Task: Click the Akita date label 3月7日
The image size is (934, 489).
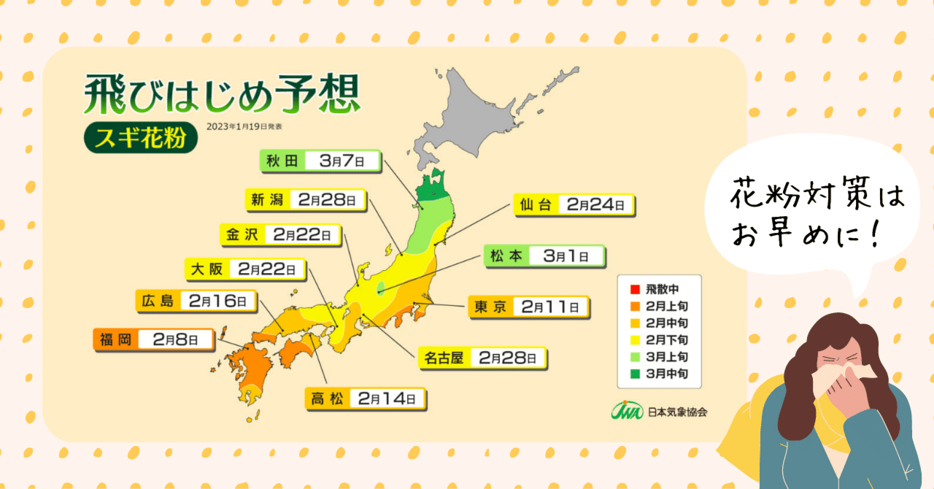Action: pyautogui.click(x=340, y=161)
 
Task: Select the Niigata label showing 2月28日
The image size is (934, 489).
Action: pyautogui.click(x=306, y=199)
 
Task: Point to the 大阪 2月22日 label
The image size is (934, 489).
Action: pyautogui.click(x=244, y=269)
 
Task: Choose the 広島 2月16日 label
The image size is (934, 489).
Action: pyautogui.click(x=195, y=300)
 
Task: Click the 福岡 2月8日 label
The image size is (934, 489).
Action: pyautogui.click(x=154, y=340)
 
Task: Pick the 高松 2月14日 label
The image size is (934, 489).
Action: pyautogui.click(x=364, y=398)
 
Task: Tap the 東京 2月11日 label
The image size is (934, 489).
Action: pyautogui.click(x=528, y=308)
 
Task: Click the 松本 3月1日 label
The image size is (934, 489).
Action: pyautogui.click(x=544, y=256)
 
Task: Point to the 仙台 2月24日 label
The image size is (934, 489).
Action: pyautogui.click(x=573, y=205)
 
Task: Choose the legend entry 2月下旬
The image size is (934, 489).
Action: pyautogui.click(x=658, y=340)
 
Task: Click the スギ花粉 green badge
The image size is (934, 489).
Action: pyautogui.click(x=141, y=137)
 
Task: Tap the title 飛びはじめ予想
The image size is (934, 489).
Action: pyautogui.click(x=222, y=93)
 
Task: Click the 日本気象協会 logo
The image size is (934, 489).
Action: pyautogui.click(x=659, y=411)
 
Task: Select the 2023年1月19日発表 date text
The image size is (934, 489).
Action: pyautogui.click(x=244, y=127)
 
